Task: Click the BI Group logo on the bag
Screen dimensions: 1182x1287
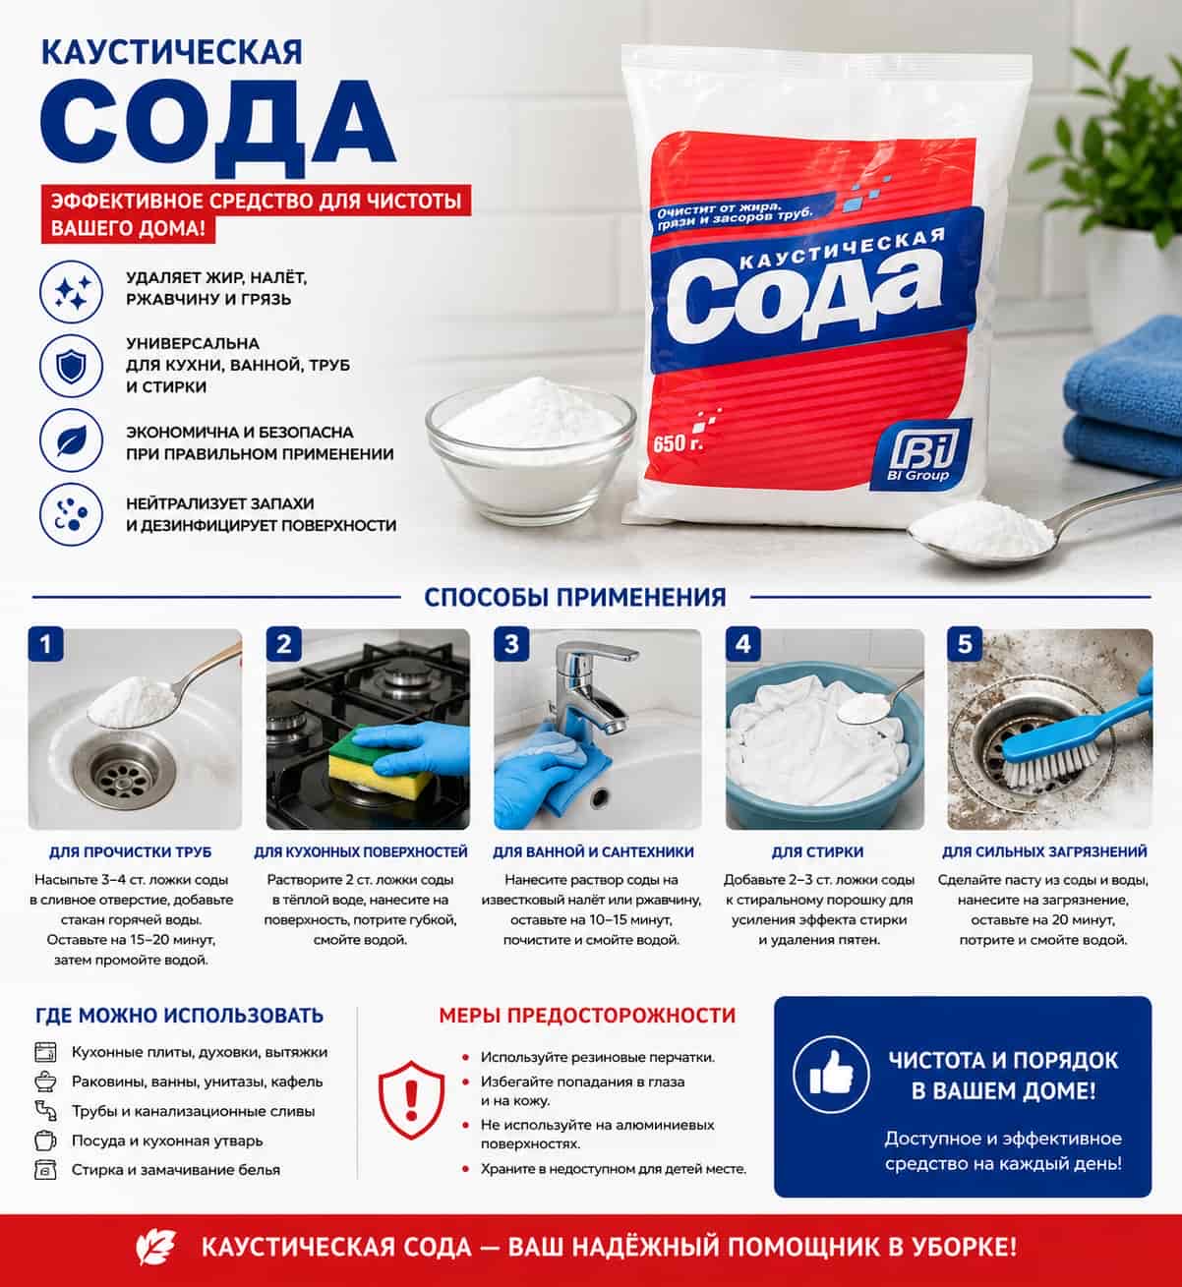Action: (920, 455)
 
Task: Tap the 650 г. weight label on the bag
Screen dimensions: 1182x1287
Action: (679, 442)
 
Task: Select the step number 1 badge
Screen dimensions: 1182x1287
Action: (45, 643)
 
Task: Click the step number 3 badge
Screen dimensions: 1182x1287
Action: (511, 643)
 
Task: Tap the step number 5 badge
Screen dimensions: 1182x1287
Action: (965, 643)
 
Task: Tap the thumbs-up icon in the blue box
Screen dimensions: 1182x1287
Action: (831, 1074)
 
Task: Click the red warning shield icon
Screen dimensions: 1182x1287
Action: (411, 1099)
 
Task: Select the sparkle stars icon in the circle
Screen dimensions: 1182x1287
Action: (71, 292)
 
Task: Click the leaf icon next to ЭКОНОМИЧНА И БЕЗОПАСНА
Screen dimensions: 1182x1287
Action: (71, 441)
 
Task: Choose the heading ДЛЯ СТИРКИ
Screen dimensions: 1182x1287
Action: (817, 852)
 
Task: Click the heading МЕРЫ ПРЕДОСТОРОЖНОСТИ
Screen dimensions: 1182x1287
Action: (587, 1016)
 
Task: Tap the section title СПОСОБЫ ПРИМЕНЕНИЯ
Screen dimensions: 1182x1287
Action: (575, 598)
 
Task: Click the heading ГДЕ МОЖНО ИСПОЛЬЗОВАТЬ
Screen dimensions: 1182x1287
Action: (179, 1016)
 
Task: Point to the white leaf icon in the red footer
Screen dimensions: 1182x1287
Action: (155, 1248)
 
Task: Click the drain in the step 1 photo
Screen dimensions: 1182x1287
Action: (123, 773)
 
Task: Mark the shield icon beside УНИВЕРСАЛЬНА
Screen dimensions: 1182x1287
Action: (71, 366)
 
